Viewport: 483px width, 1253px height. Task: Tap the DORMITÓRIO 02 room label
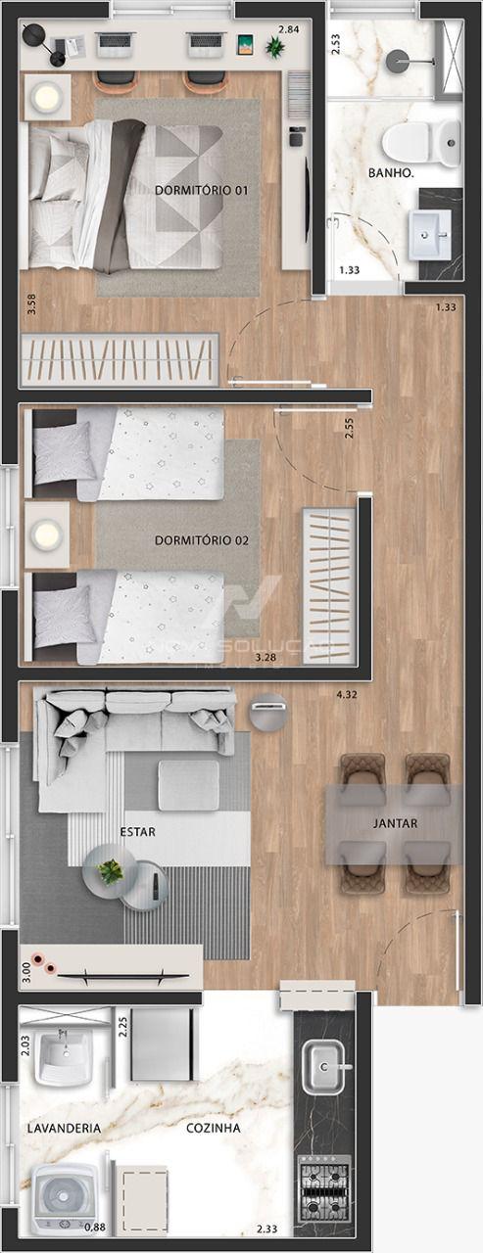click(199, 540)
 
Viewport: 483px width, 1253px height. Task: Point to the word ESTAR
click(138, 831)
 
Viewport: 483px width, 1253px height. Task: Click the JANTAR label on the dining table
click(395, 823)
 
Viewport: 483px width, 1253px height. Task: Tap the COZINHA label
click(214, 1128)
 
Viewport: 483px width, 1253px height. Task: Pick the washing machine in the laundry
click(65, 1199)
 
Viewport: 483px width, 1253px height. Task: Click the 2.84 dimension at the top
click(288, 29)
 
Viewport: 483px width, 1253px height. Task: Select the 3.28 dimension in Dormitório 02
click(265, 658)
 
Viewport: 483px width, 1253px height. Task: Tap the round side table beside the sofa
click(267, 711)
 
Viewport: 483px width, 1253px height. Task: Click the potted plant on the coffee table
click(111, 870)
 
